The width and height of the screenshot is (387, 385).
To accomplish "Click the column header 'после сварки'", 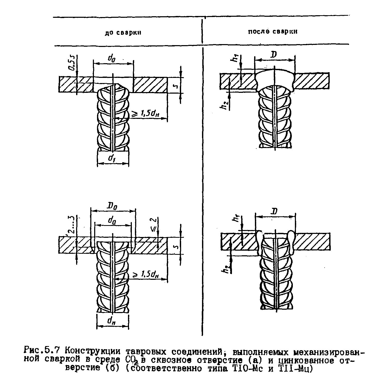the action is coord(273,32).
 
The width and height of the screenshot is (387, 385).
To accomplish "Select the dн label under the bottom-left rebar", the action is coord(111,321).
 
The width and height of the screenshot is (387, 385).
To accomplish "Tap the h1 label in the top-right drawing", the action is coord(235,59).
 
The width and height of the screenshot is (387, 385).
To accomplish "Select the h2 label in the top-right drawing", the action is coord(225,105).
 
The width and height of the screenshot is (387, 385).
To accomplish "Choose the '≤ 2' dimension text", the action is coord(153,223).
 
